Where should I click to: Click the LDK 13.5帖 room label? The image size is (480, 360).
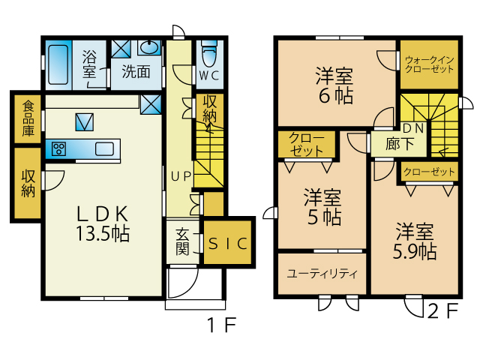pyautogui.click(x=103, y=223)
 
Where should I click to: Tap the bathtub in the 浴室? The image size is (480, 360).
pyautogui.click(x=58, y=64)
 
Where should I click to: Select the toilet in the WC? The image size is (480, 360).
pyautogui.click(x=210, y=55)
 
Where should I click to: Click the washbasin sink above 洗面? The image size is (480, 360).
pyautogui.click(x=149, y=47)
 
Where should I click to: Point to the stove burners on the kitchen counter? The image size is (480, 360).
pyautogui.click(x=58, y=149)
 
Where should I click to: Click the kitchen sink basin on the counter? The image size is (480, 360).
pyautogui.click(x=105, y=149)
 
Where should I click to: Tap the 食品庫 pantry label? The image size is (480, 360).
pyautogui.click(x=28, y=118)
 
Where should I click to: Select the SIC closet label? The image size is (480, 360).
pyautogui.click(x=228, y=243)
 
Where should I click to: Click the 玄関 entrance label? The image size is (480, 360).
pyautogui.click(x=183, y=241)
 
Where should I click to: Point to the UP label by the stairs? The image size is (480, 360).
pyautogui.click(x=181, y=176)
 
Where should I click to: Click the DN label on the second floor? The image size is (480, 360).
pyautogui.click(x=413, y=128)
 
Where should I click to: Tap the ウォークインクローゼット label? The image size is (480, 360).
pyautogui.click(x=429, y=64)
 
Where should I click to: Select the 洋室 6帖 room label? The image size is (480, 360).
pyautogui.click(x=334, y=85)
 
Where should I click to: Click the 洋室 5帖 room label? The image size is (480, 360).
pyautogui.click(x=322, y=207)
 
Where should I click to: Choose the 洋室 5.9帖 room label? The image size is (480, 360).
pyautogui.click(x=415, y=241)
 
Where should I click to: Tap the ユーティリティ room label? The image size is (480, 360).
pyautogui.click(x=322, y=273)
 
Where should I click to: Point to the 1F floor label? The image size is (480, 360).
pyautogui.click(x=222, y=325)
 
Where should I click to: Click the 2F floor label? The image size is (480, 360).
pyautogui.click(x=442, y=311)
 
